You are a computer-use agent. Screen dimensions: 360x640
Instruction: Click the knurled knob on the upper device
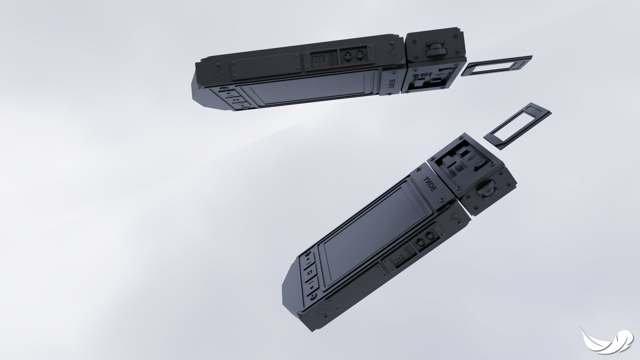click(435, 49)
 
